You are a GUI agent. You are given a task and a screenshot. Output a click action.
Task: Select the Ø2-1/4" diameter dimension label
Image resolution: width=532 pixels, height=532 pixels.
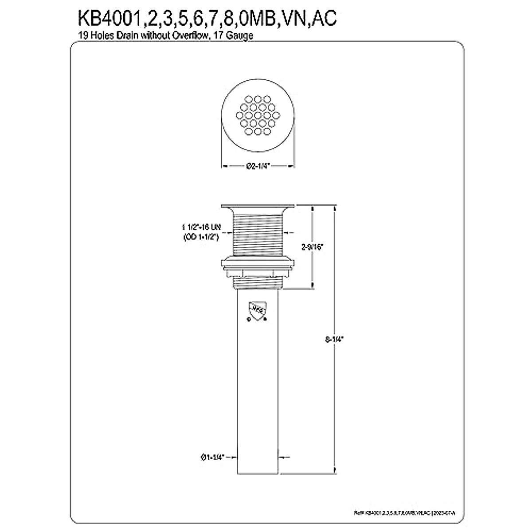pos(258,166)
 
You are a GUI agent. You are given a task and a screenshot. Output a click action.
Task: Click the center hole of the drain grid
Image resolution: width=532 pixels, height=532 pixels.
pos(258,117)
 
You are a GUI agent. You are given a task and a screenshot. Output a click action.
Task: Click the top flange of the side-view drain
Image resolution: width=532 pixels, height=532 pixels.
pos(258,206)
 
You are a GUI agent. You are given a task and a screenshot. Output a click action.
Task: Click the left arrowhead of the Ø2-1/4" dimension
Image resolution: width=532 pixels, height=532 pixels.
pos(224,166)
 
